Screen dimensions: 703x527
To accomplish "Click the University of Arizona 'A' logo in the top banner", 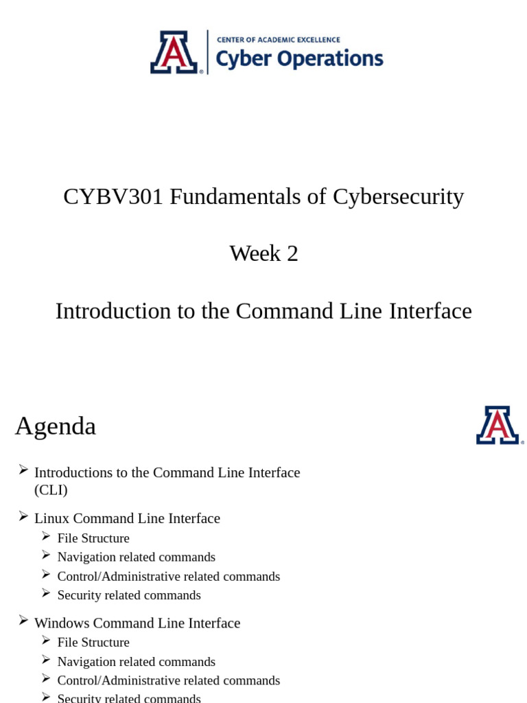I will pyautogui.click(x=174, y=52).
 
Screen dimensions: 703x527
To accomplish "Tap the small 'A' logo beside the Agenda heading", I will pyautogui.click(x=498, y=425).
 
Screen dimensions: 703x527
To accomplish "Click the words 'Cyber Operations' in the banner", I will pyautogui.click(x=299, y=59).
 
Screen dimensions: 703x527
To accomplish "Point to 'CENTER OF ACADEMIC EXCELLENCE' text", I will pyautogui.click(x=278, y=40).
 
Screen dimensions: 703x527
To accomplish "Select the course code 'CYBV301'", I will pyautogui.click(x=113, y=196).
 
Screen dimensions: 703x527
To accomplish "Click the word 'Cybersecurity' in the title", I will pyautogui.click(x=398, y=196).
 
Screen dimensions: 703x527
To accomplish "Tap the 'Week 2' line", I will pyautogui.click(x=263, y=253).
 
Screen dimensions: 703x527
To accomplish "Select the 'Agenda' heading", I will pyautogui.click(x=56, y=426).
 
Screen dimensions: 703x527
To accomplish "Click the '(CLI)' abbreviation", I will pyautogui.click(x=51, y=490).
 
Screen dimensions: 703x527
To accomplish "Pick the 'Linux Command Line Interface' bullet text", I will pyautogui.click(x=127, y=518).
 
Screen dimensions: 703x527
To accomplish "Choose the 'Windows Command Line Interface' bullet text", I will pyautogui.click(x=137, y=623).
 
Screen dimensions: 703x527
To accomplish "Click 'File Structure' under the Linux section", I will pyautogui.click(x=93, y=538).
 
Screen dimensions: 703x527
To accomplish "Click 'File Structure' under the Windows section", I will pyautogui.click(x=93, y=643).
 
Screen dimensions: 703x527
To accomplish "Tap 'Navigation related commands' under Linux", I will pyautogui.click(x=136, y=557).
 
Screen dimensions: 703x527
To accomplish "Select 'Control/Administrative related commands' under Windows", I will pyautogui.click(x=168, y=680).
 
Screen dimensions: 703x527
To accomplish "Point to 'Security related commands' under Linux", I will pyautogui.click(x=129, y=595).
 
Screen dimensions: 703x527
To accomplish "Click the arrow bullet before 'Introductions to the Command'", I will pyautogui.click(x=23, y=470).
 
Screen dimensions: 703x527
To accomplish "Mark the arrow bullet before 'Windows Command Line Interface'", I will pyautogui.click(x=23, y=620).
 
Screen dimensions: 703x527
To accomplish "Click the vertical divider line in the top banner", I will pyautogui.click(x=208, y=52).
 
